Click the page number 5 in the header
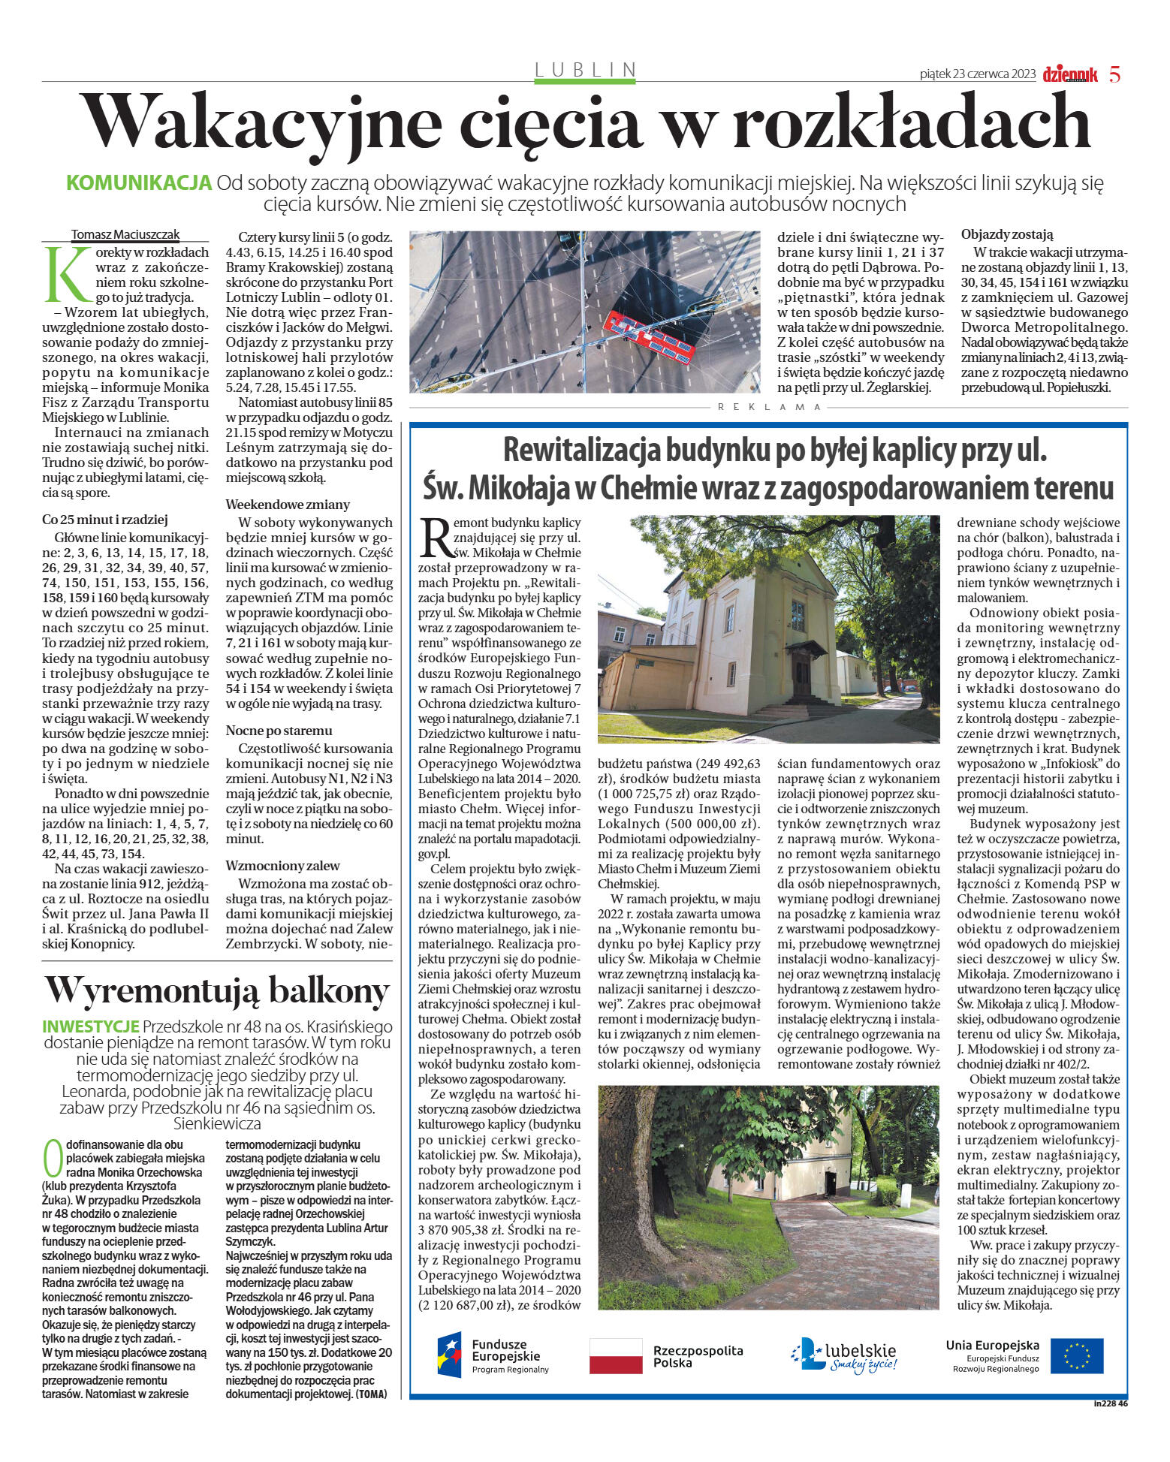pyautogui.click(x=1114, y=74)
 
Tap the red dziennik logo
pyautogui.click(x=1069, y=74)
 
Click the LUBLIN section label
pyautogui.click(x=585, y=70)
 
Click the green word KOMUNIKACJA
pyautogui.click(x=139, y=183)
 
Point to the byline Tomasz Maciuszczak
pyautogui.click(x=125, y=234)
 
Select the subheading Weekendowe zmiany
pyautogui.click(x=288, y=505)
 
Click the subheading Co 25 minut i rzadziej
pyautogui.click(x=105, y=520)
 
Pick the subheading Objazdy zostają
pyautogui.click(x=1007, y=234)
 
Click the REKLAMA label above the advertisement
pyautogui.click(x=770, y=407)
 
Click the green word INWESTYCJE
pyautogui.click(x=91, y=1026)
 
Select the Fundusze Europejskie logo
pyautogui.click(x=493, y=1355)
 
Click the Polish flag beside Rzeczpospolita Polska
pyautogui.click(x=616, y=1355)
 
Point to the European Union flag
pyautogui.click(x=1076, y=1355)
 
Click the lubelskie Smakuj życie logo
pyautogui.click(x=844, y=1355)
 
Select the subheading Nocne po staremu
pyautogui.click(x=279, y=731)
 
